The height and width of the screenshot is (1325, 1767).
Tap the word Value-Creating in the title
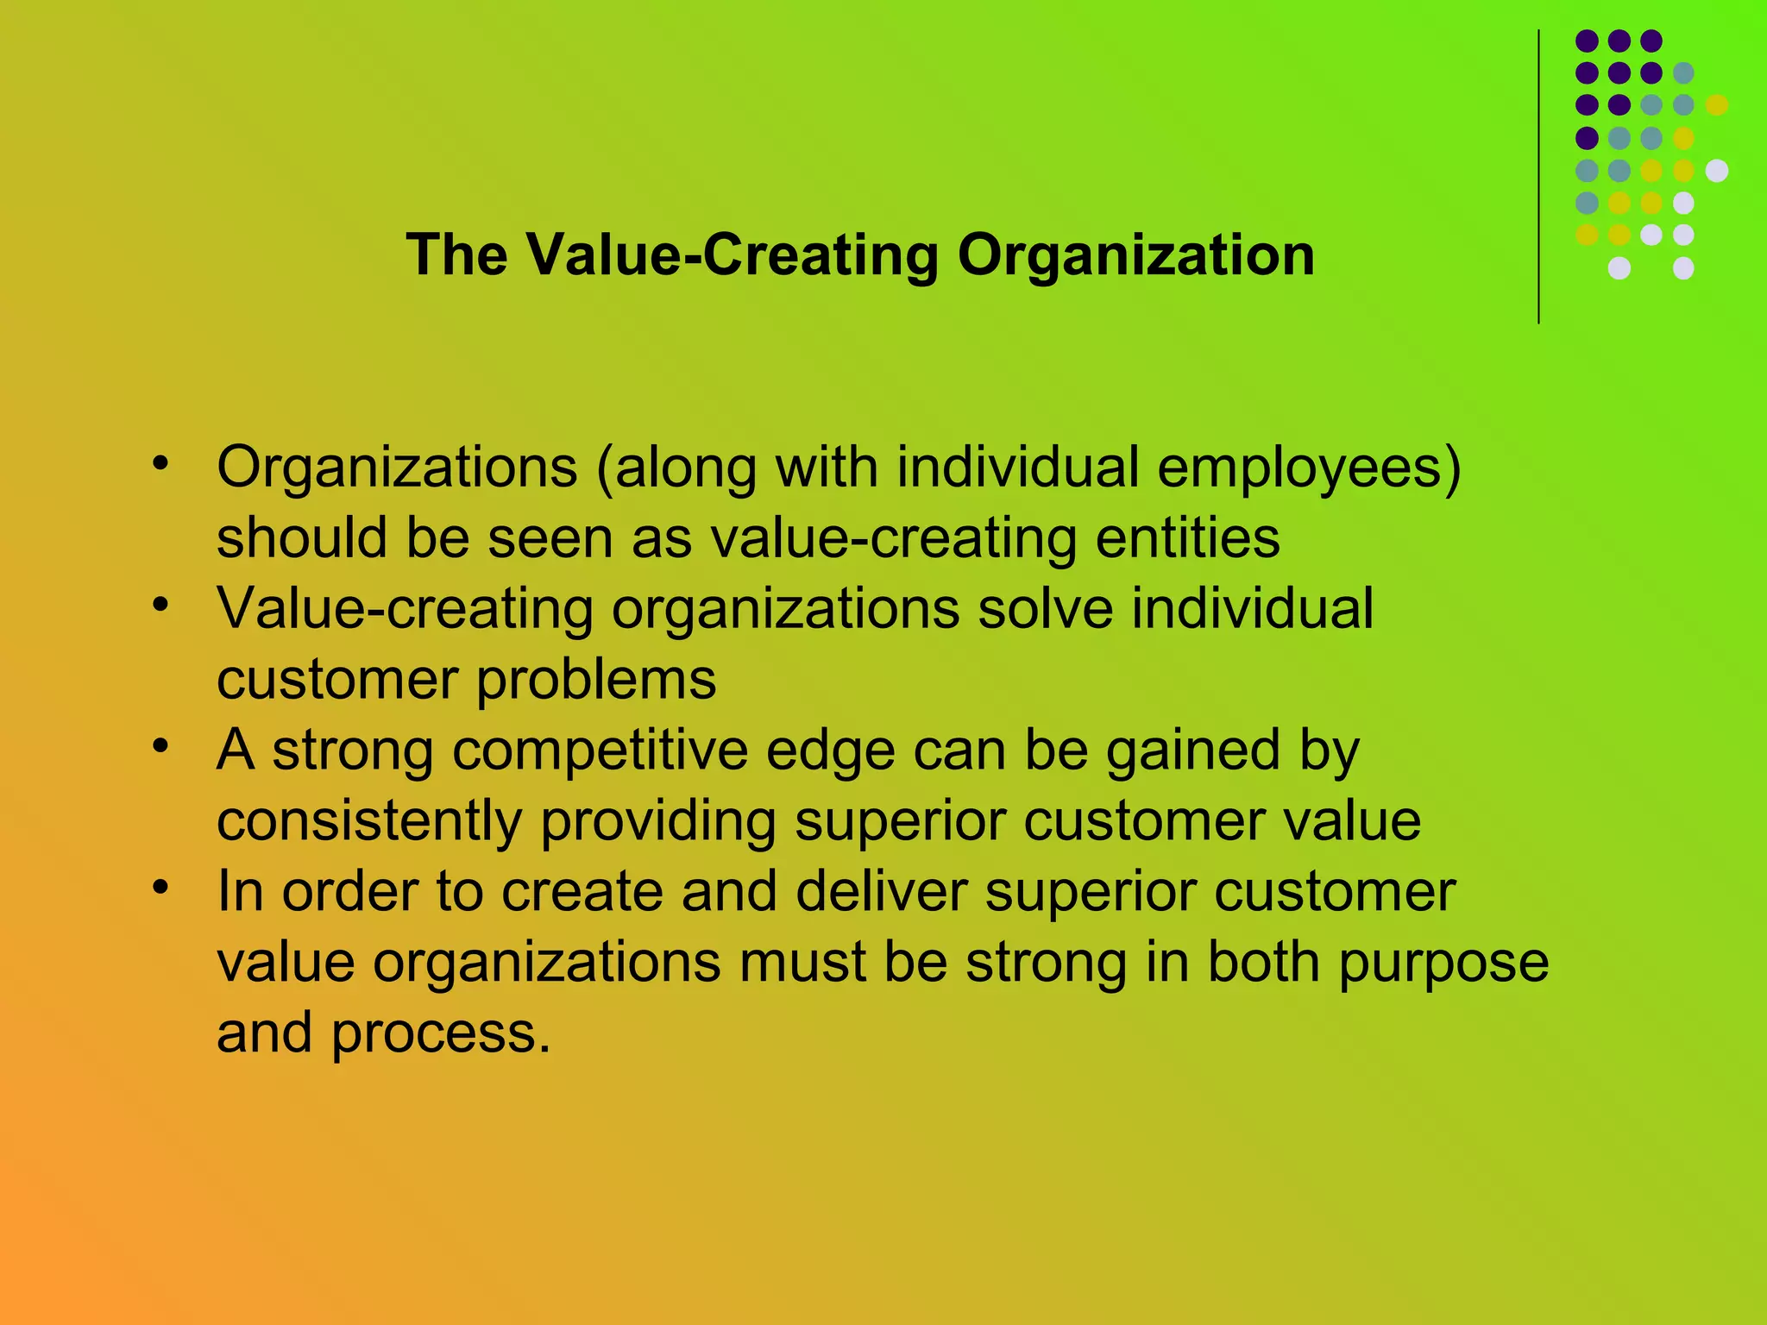tap(732, 255)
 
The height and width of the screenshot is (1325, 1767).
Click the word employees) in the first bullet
tap(1309, 469)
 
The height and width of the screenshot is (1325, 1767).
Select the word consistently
tap(368, 820)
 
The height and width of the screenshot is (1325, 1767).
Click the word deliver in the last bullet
tap(880, 891)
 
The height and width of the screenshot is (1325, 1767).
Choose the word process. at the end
tap(440, 1033)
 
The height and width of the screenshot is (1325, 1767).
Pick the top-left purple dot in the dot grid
tap(1587, 41)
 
